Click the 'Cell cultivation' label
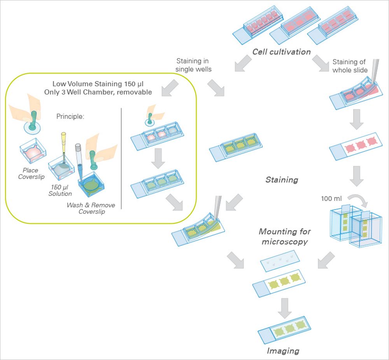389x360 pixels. pyautogui.click(x=281, y=52)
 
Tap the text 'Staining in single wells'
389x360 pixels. pyautogui.click(x=193, y=65)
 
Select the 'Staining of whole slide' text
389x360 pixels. pyautogui.click(x=350, y=66)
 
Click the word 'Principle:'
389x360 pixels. pyautogui.click(x=70, y=116)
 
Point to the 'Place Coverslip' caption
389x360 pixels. pyautogui.click(x=31, y=173)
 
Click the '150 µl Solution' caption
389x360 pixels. pyautogui.click(x=60, y=190)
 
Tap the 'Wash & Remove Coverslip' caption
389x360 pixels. pyautogui.click(x=91, y=208)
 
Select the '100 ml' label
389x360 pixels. pyautogui.click(x=331, y=198)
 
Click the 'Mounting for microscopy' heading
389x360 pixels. pyautogui.click(x=285, y=236)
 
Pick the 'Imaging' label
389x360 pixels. pyautogui.click(x=283, y=351)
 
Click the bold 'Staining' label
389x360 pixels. pyautogui.click(x=282, y=179)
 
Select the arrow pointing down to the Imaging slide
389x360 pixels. pyautogui.click(x=285, y=308)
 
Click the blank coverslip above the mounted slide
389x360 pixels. pyautogui.click(x=280, y=261)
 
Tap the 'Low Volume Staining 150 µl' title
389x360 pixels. pyautogui.click(x=98, y=84)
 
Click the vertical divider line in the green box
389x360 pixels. pyautogui.click(x=121, y=158)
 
